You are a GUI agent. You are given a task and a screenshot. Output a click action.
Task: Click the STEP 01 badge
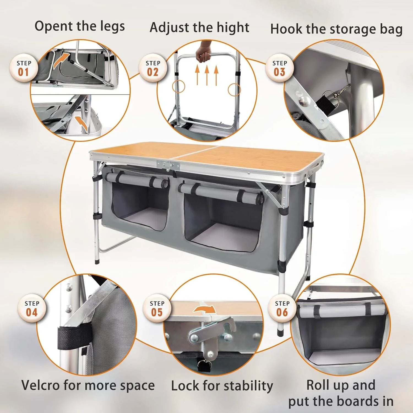click(23, 68)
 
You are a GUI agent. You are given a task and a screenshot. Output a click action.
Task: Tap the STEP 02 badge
click(153, 68)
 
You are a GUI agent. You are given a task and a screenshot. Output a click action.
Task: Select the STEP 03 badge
click(279, 68)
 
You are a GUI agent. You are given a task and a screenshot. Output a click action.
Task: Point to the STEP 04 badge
click(32, 308)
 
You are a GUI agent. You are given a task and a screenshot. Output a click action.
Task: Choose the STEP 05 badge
click(157, 308)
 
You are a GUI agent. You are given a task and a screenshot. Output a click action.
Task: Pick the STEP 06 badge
click(282, 308)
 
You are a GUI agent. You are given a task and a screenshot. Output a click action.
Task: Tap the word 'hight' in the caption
click(233, 28)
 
